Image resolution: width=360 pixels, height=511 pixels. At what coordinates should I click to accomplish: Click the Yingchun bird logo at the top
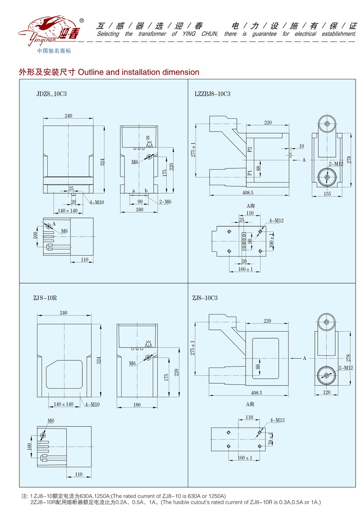(x=49, y=30)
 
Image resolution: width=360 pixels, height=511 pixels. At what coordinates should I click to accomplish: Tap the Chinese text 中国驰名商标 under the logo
(x=54, y=51)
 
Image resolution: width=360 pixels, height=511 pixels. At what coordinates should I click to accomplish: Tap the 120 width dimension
(x=326, y=392)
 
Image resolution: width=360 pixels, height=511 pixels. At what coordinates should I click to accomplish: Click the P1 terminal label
(x=250, y=172)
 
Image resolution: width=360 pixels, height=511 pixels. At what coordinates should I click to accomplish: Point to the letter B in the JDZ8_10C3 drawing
(x=148, y=138)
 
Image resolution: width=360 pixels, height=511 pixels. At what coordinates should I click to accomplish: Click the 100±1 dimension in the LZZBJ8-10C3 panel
(x=271, y=241)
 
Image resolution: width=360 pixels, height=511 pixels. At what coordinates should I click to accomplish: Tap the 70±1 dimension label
(x=270, y=440)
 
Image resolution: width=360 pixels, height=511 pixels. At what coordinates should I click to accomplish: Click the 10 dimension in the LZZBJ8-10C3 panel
(x=302, y=146)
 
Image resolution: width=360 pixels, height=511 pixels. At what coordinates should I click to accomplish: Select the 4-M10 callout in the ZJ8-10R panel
(x=92, y=404)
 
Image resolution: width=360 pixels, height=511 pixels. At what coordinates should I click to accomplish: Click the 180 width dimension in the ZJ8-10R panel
(x=137, y=404)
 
